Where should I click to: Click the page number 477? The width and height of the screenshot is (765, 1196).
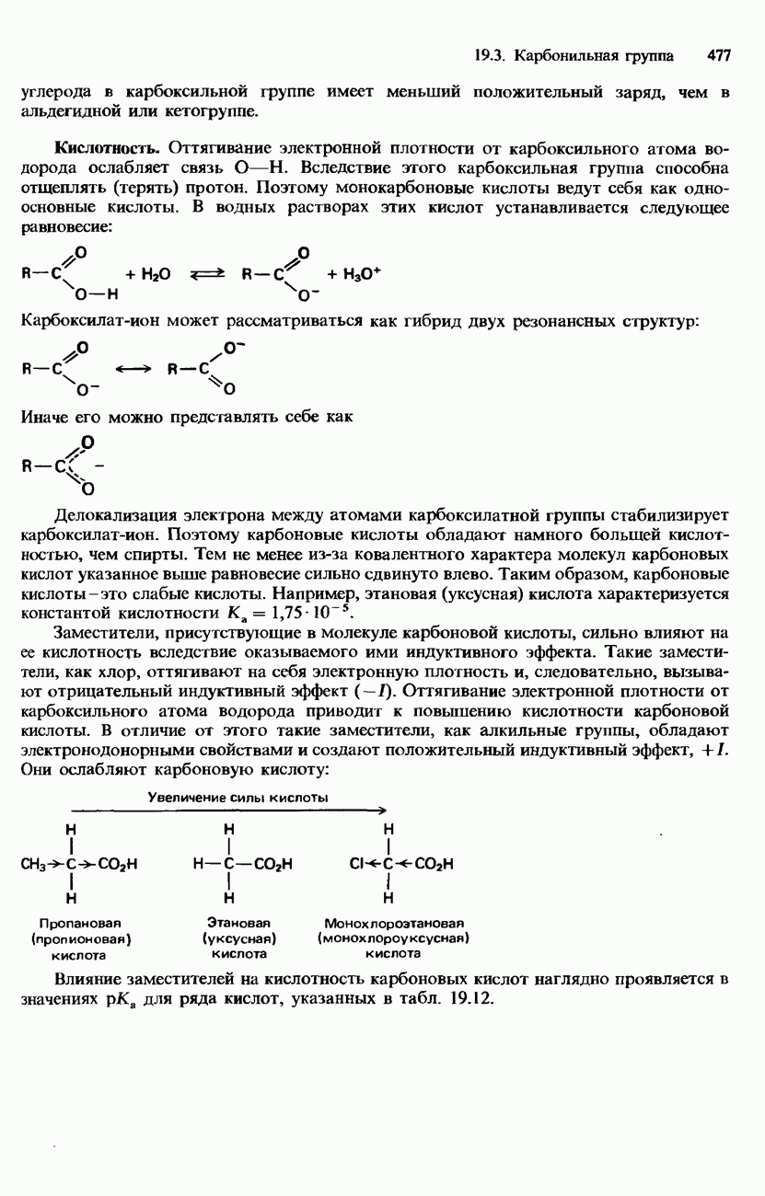click(718, 56)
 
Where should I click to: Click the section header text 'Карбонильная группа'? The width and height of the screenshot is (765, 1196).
click(594, 56)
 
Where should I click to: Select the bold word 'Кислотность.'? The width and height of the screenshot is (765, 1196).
click(109, 148)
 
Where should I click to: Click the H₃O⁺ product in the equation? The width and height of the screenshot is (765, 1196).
click(362, 274)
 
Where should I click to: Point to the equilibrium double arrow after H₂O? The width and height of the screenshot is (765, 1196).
click(207, 275)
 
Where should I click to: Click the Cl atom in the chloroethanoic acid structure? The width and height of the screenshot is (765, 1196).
click(359, 864)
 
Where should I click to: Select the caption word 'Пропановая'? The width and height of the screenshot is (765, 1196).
click(81, 922)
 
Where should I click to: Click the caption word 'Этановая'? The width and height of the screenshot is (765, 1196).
click(239, 922)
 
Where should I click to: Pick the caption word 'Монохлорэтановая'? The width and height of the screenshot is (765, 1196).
click(393, 922)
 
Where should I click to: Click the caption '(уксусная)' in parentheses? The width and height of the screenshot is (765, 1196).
click(239, 938)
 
